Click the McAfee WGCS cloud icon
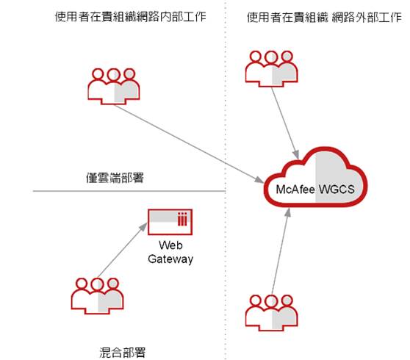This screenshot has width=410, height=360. [316, 177]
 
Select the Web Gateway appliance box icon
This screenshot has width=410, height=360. [170, 222]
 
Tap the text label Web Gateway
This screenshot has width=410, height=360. [170, 252]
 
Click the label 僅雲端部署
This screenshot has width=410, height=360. [115, 178]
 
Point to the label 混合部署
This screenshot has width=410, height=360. [122, 352]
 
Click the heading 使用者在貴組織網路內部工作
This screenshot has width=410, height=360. [131, 17]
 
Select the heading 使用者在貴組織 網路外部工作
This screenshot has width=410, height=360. [324, 17]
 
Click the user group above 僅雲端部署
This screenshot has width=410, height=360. [114, 87]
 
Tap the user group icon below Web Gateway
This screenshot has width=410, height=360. [97, 296]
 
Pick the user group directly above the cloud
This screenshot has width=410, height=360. [272, 69]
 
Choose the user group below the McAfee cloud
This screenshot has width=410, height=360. [272, 313]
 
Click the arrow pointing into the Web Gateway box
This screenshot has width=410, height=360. [123, 251]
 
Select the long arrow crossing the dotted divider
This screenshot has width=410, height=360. [189, 143]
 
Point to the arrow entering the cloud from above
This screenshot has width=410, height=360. [285, 123]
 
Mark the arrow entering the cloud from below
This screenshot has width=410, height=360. [281, 251]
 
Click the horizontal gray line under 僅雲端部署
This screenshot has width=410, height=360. [129, 191]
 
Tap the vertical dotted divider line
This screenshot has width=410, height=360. [226, 180]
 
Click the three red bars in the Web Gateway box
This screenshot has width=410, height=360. [182, 219]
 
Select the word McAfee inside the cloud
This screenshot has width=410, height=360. [295, 190]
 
